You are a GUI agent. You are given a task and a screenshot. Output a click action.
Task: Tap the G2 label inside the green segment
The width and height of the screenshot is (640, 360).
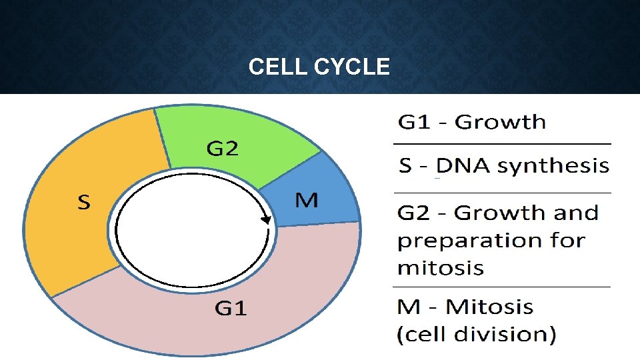coord(222,149)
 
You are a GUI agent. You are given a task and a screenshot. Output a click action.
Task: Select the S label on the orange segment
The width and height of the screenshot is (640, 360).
coord(83,202)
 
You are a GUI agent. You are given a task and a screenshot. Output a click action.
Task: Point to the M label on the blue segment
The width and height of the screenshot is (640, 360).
coord(306,200)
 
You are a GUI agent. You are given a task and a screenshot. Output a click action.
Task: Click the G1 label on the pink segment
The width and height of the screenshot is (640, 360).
coord(231,308)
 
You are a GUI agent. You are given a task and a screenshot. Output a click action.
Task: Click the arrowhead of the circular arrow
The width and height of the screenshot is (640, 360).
coord(266,219)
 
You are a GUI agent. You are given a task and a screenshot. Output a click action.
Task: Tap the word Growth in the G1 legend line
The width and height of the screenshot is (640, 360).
coord(499,122)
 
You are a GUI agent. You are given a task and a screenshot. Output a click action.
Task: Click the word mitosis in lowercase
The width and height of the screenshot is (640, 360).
coord(440,268)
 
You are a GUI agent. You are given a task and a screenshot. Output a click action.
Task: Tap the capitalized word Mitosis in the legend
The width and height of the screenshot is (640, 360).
coord(489,307)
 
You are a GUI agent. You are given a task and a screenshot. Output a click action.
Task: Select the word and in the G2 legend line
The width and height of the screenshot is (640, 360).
coord(575,213)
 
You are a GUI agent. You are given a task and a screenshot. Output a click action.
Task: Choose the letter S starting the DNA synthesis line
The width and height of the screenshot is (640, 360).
coord(405,165)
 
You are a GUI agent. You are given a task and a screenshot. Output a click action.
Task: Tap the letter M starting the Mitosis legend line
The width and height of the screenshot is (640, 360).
coord(409,307)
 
